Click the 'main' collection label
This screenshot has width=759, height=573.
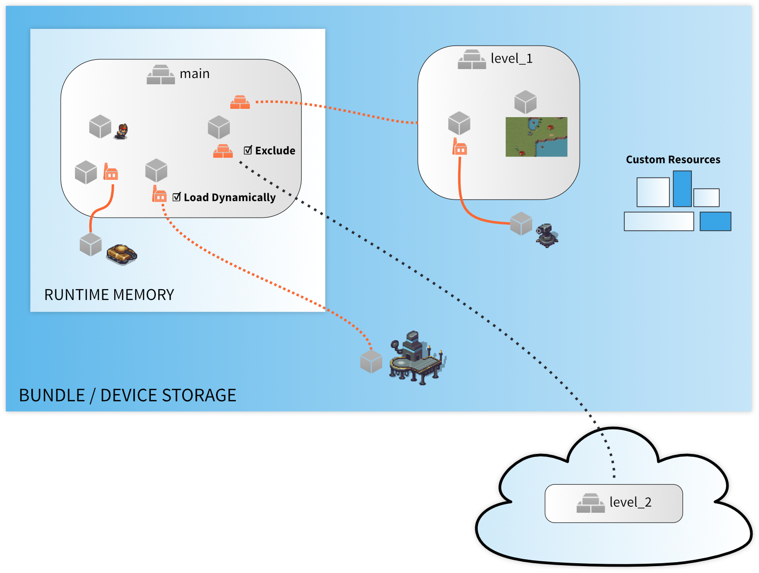195,74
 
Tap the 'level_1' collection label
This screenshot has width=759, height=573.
512,59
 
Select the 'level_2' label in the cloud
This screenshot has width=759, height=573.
630,502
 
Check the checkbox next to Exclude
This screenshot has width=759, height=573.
248,150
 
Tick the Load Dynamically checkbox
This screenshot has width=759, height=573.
177,197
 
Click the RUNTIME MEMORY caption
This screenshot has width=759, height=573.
109,295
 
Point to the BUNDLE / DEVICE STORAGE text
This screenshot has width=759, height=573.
127,395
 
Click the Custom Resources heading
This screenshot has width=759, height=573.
673,160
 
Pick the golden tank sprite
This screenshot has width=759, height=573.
122,254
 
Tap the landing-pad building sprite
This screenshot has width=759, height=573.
416,358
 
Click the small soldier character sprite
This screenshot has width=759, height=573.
122,131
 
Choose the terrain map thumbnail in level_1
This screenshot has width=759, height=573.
536,137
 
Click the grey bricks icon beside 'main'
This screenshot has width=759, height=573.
161,75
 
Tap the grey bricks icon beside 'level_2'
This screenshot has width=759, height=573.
590,503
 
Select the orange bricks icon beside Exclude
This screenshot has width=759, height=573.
223,151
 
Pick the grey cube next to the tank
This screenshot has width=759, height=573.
91,245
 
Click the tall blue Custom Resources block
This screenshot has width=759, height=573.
682,189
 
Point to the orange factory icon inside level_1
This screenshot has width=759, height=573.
460,147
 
